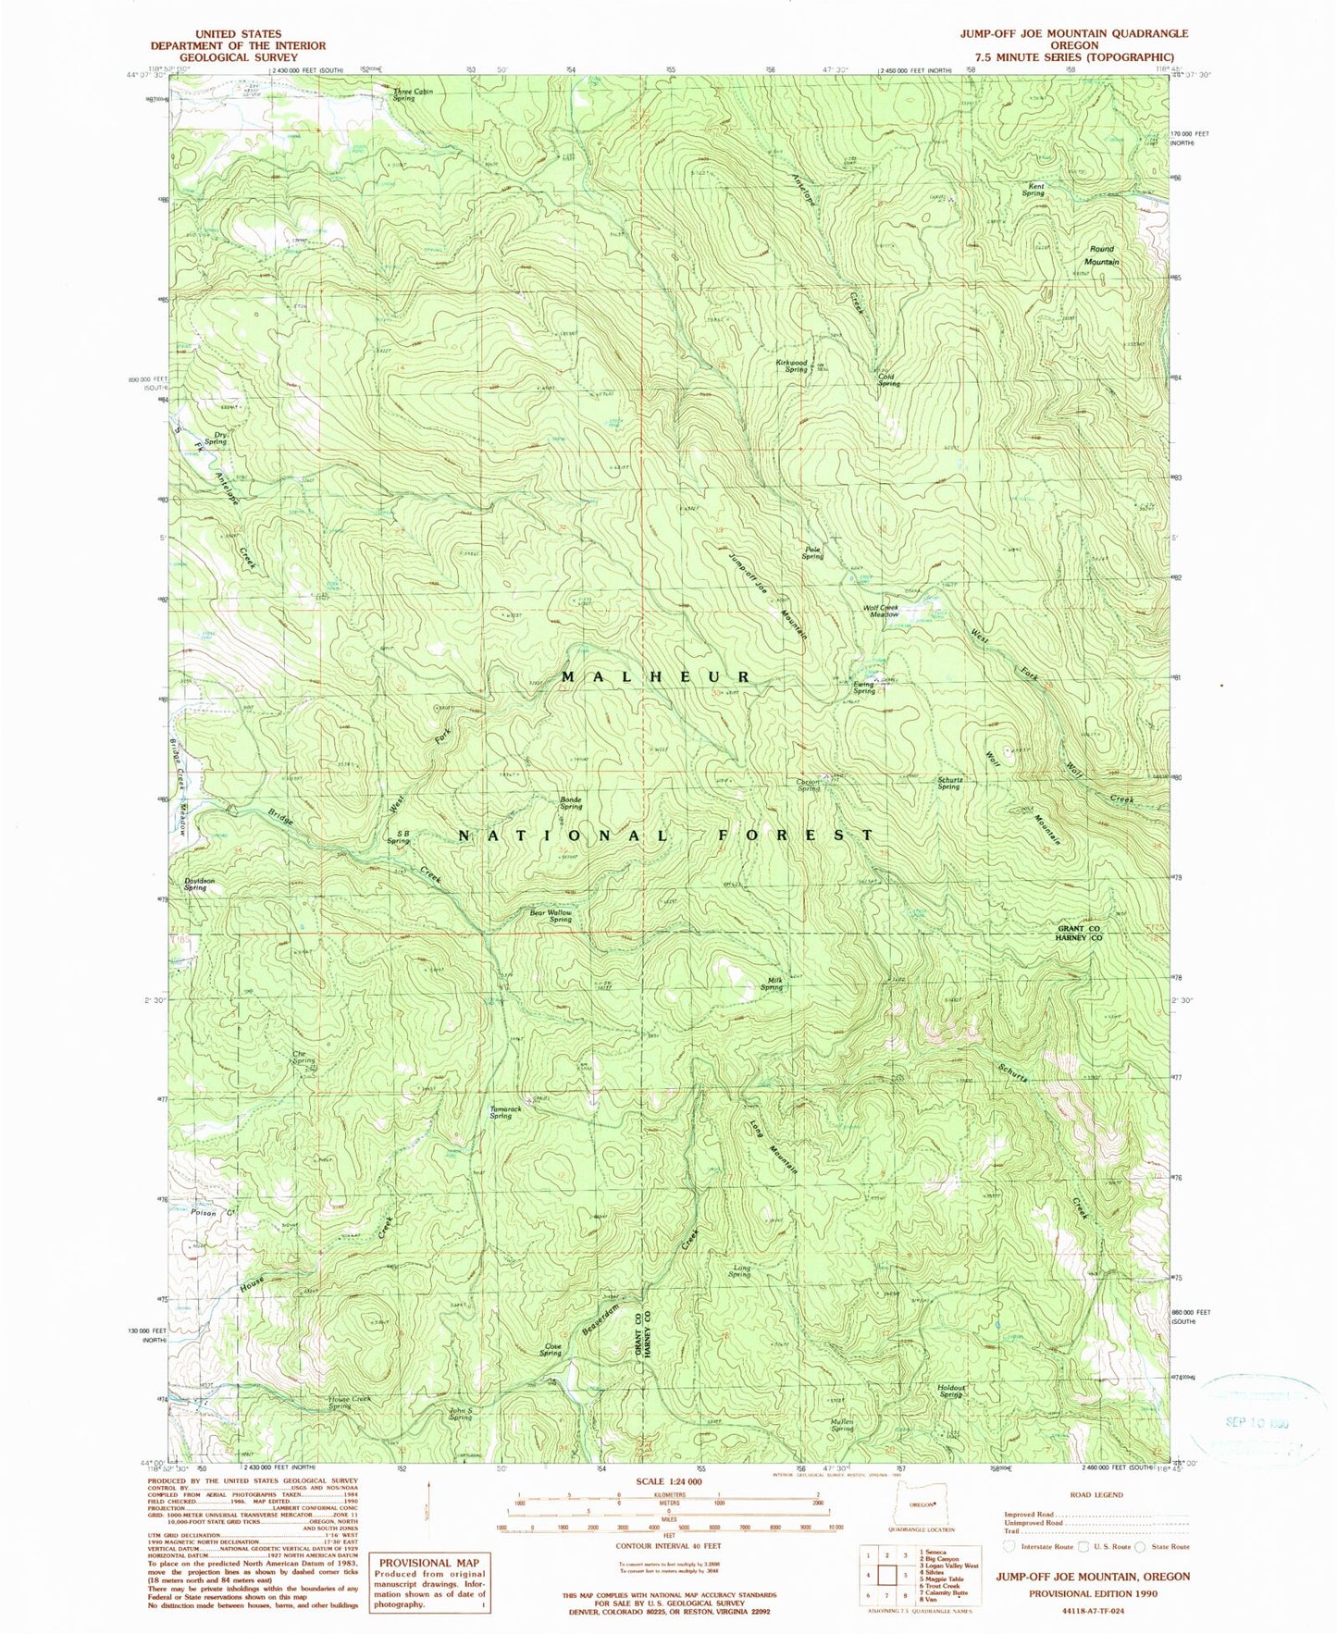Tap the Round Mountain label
[1102, 255]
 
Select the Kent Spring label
[1034, 190]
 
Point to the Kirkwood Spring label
[792, 365]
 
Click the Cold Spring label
[887, 379]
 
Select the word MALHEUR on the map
[654, 677]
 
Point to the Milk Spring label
[772, 984]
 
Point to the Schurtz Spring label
[948, 783]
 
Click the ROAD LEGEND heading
[1096, 1494]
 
